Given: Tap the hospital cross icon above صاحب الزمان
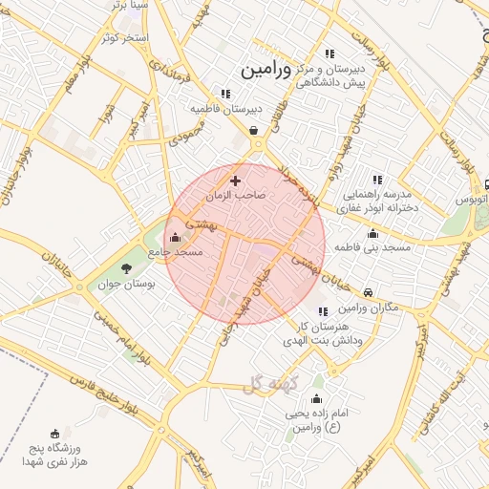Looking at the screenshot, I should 236,180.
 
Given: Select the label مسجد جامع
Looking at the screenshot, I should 176,251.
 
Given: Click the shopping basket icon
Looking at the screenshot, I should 253,131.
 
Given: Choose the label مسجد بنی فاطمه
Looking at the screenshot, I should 372,247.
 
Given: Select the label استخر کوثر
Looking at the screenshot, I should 125,38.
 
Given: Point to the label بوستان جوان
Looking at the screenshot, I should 126,284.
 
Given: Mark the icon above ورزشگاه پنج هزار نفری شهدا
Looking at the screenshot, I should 53,433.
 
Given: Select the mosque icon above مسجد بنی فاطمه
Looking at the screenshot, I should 372,233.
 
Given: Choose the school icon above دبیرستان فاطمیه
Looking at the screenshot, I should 225,94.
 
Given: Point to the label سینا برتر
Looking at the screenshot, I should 131,5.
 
